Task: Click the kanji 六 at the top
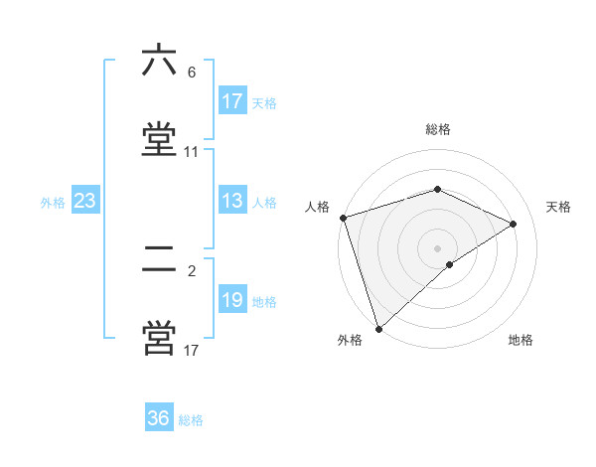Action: click(159, 63)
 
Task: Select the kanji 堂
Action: click(159, 138)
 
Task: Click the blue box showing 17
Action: click(232, 101)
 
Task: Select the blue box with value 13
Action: click(232, 201)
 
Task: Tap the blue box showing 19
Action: click(232, 300)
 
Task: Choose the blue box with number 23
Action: click(85, 201)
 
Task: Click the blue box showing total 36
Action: click(159, 418)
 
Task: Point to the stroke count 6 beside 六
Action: click(192, 73)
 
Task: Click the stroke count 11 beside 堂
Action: click(192, 152)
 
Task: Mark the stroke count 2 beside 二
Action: click(192, 270)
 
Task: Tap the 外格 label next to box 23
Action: click(53, 202)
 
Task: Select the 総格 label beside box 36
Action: click(191, 419)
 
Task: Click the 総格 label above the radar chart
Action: click(438, 130)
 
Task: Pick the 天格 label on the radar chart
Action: click(559, 207)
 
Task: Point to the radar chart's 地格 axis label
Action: click(521, 340)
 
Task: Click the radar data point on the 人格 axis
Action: click(343, 218)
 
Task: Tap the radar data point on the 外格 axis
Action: click(378, 328)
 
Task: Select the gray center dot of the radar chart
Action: click(438, 247)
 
